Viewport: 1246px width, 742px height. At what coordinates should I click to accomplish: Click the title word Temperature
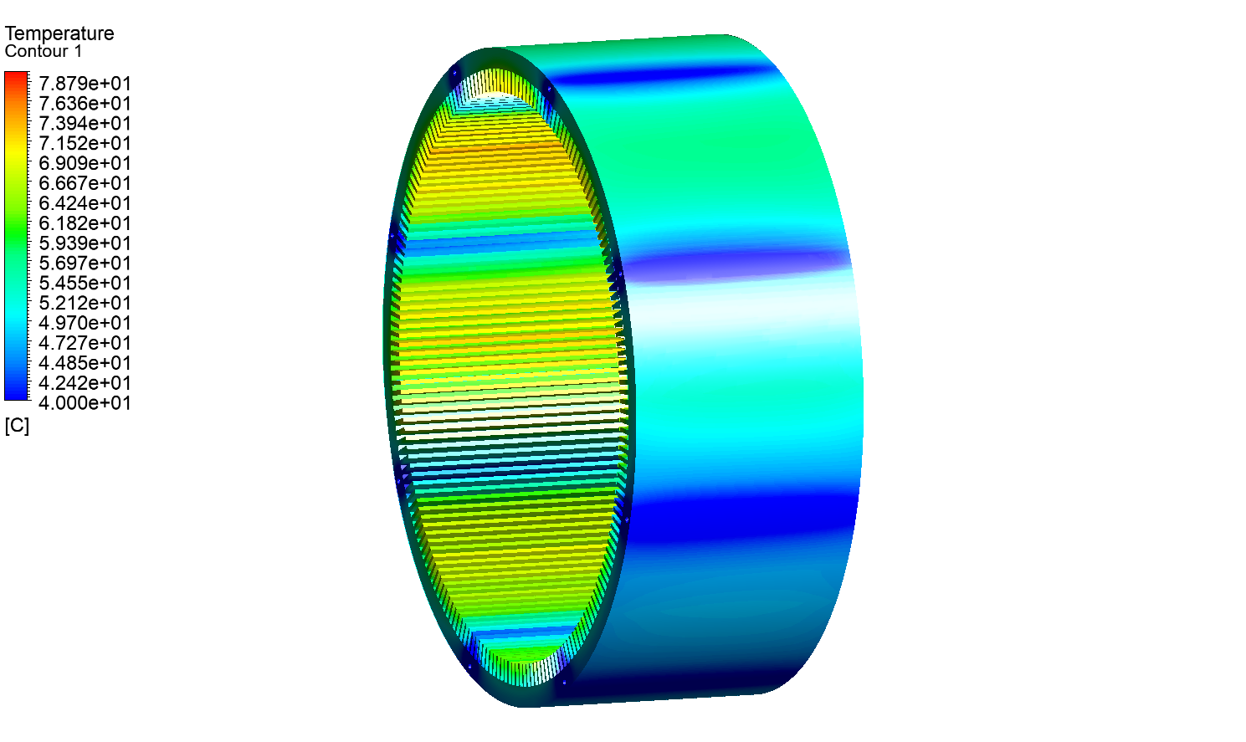tap(59, 33)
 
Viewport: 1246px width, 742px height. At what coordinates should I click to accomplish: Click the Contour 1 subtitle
tap(44, 52)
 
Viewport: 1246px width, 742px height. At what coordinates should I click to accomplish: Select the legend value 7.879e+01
tap(85, 84)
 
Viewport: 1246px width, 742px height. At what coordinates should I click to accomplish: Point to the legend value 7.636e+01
tap(85, 104)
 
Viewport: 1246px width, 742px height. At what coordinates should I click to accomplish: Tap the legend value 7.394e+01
tap(85, 124)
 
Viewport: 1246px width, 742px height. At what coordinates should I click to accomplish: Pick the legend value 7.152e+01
tap(85, 144)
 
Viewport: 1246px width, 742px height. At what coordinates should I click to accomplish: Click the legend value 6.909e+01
tap(85, 163)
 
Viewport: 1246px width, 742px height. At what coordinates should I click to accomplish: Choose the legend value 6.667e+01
tap(85, 183)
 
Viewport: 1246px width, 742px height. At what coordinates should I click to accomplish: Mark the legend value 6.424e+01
tap(85, 203)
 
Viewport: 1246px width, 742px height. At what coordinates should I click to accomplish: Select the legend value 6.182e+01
tap(85, 223)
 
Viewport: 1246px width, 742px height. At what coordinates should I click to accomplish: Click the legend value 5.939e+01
tap(85, 243)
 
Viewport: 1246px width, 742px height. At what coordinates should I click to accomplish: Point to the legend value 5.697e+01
tap(85, 264)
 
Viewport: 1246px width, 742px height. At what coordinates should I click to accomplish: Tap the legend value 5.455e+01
tap(85, 284)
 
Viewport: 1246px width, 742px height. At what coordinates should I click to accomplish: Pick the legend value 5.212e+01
tap(85, 303)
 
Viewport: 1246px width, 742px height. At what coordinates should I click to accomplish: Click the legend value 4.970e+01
tap(85, 323)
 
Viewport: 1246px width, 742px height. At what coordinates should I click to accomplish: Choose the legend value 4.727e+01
tap(85, 343)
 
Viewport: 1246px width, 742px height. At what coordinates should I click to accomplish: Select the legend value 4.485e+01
tap(85, 363)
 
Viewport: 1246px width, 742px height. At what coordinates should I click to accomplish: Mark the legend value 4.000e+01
tap(85, 403)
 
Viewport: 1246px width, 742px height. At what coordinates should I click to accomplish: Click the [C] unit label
tap(17, 426)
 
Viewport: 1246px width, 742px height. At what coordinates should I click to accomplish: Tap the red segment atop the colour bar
tap(16, 77)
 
